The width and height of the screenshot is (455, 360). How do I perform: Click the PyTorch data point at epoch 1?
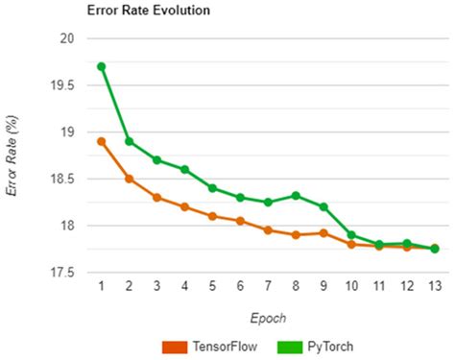101,67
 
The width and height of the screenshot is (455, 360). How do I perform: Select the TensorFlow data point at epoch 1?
101,141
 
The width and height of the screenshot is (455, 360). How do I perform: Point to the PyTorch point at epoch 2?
129,141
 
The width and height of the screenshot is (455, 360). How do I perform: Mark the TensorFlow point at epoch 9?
323,233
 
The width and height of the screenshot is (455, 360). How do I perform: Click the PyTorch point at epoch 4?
184,169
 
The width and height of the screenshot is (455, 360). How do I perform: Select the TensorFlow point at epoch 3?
156,197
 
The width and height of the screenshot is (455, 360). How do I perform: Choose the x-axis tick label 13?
435,286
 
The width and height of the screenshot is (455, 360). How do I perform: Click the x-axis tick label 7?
268,286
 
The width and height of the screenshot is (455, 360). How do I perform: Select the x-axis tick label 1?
101,286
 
